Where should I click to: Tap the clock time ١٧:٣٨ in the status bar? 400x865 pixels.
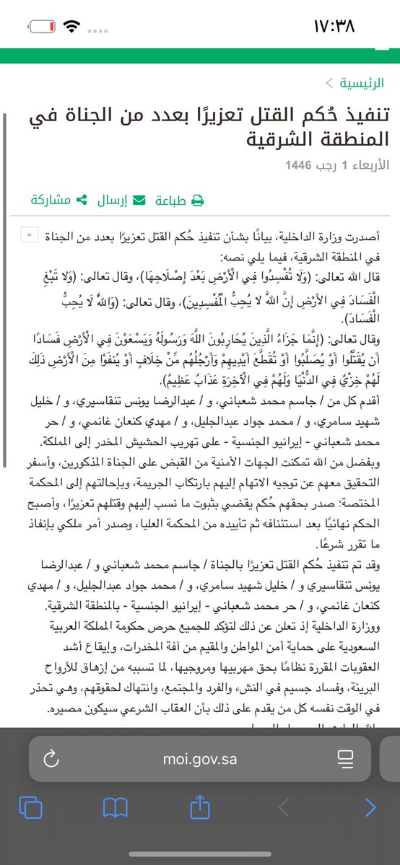coord(344,27)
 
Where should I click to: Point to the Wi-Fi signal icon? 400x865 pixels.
coord(73,27)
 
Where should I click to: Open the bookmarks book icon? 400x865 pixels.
coord(116,807)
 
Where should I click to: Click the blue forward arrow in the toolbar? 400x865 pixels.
coord(370,807)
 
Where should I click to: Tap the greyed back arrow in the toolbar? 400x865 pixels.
coord(284,807)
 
